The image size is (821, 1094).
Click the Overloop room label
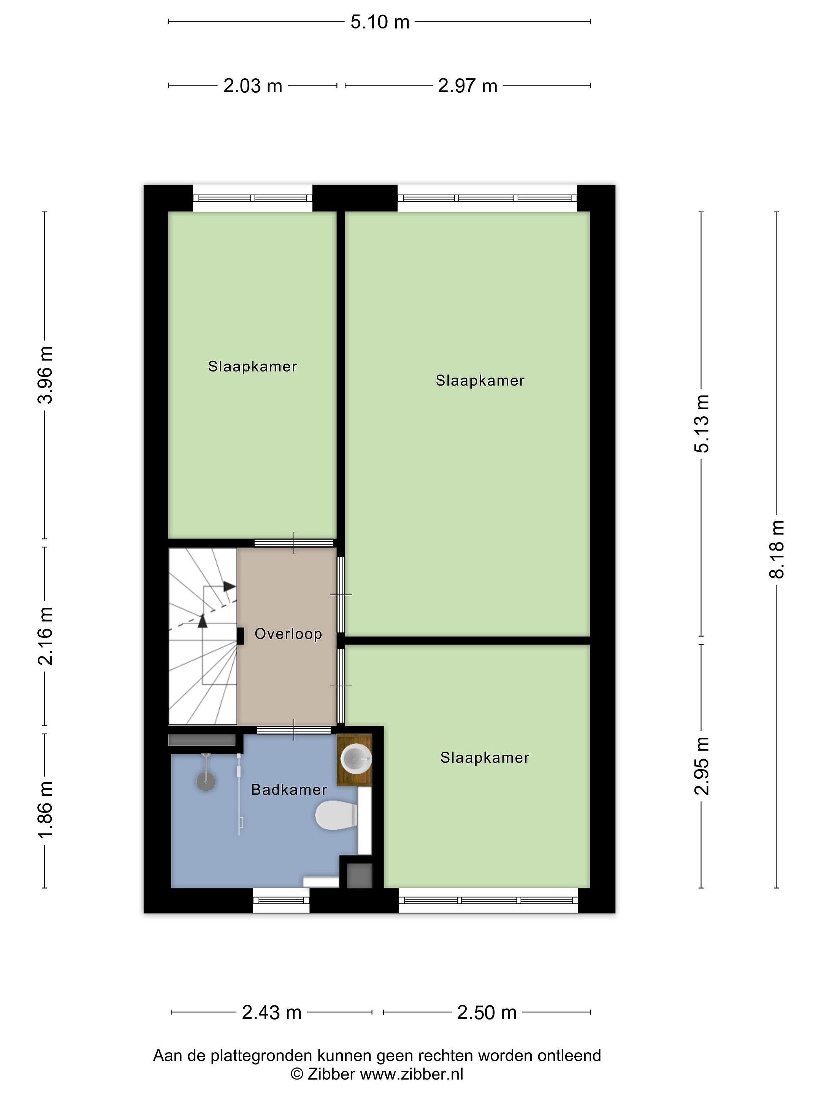tap(288, 634)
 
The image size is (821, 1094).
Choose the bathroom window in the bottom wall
tap(281, 900)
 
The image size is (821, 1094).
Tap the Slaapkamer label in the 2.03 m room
tap(252, 367)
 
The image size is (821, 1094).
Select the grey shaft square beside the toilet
tap(359, 876)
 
